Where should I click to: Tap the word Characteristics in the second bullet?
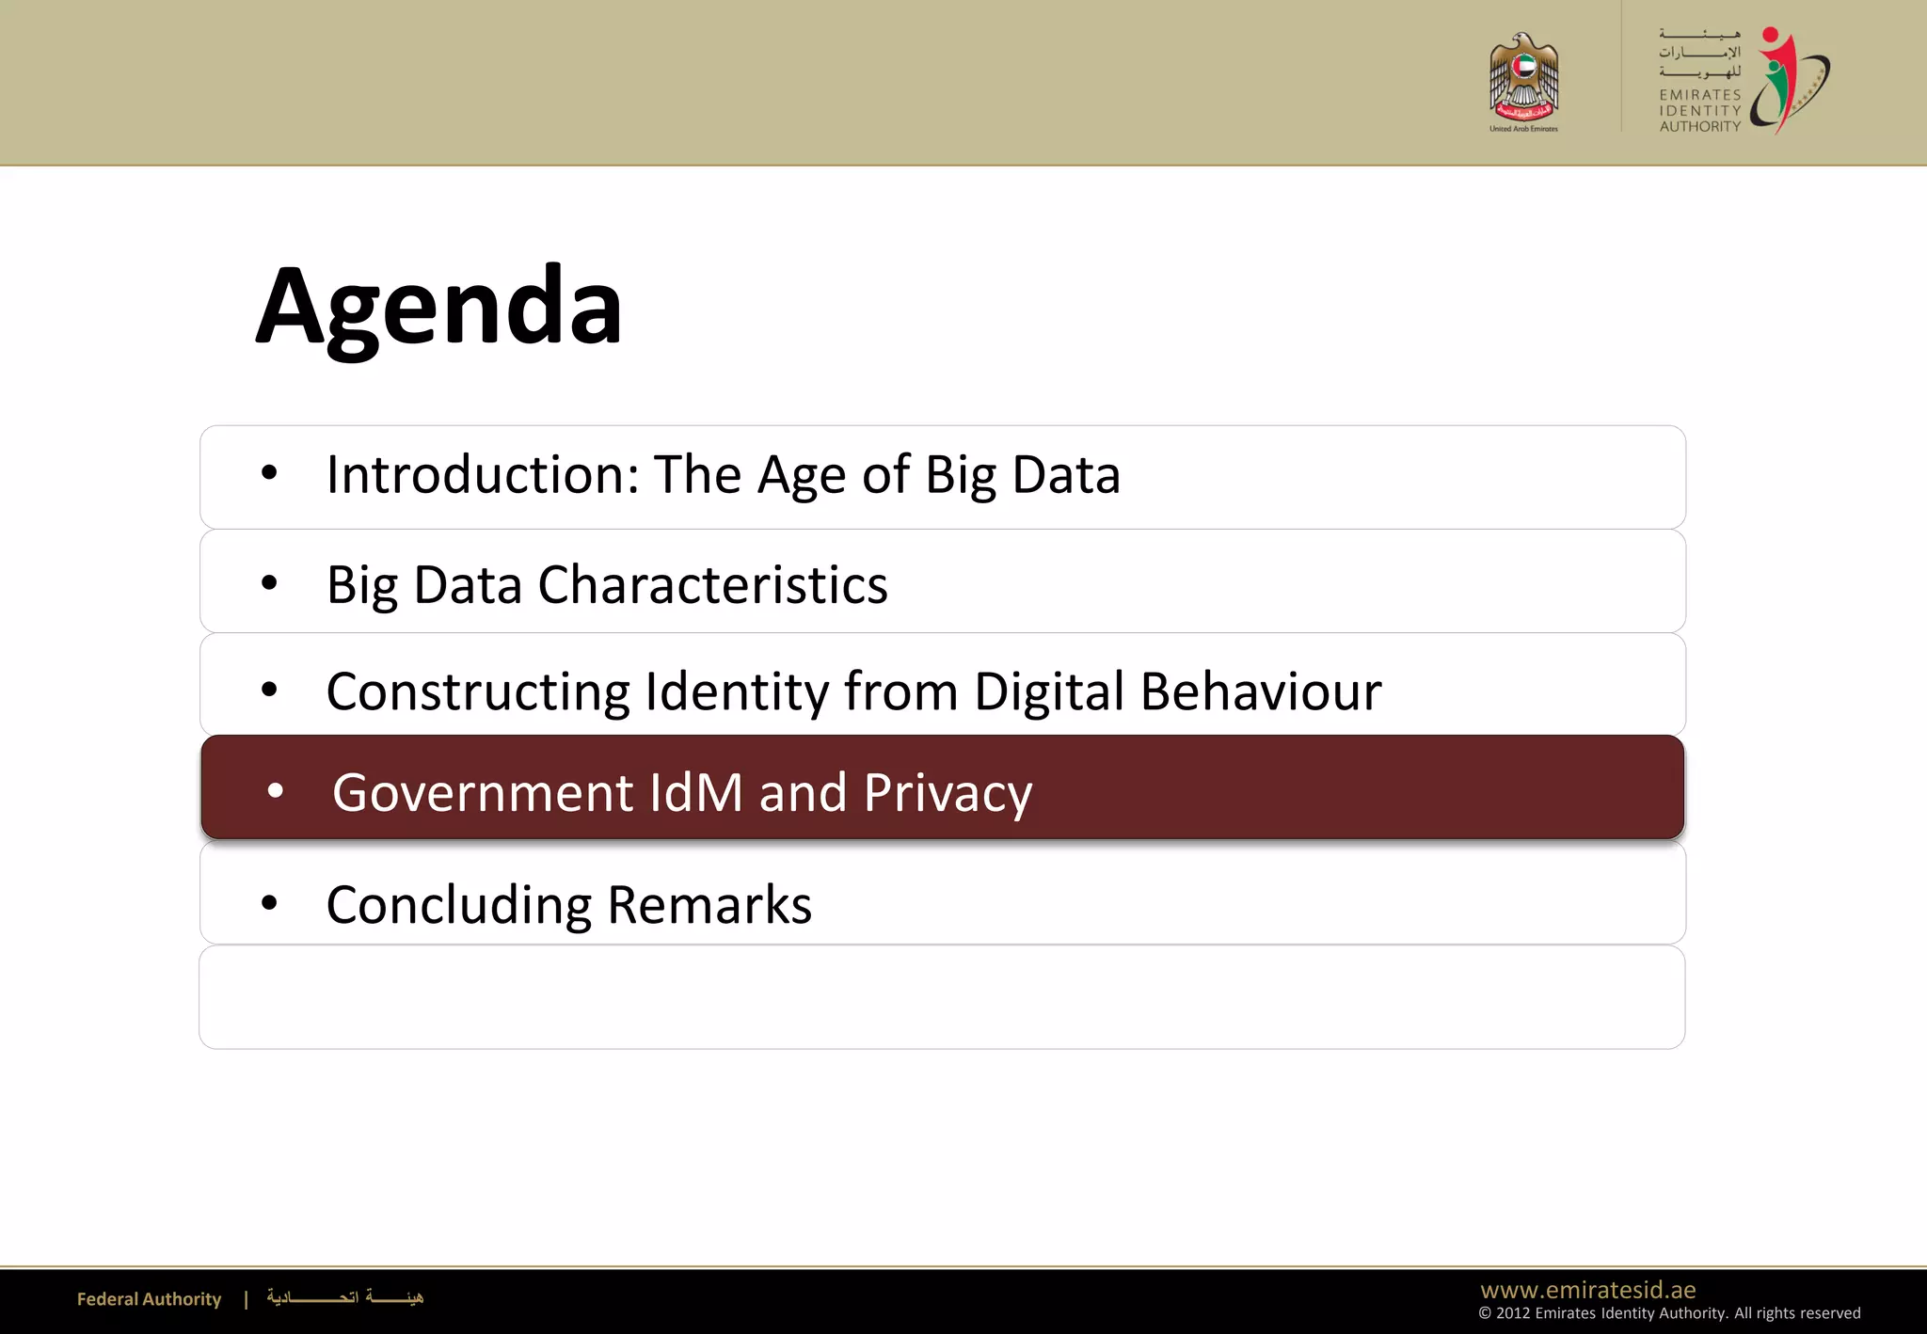pos(712,585)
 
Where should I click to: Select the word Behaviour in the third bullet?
pos(1261,691)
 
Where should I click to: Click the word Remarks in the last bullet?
pos(709,905)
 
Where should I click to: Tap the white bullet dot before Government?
pos(275,791)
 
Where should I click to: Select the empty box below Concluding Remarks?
pos(941,997)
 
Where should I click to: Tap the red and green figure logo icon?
pos(1787,81)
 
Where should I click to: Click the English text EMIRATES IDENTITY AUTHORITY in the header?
pos(1699,110)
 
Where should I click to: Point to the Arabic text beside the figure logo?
pos(1699,53)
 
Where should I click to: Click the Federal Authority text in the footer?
pos(149,1299)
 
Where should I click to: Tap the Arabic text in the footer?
pos(344,1298)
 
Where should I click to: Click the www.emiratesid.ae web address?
pos(1587,1290)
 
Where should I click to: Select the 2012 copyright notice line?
pos(1668,1313)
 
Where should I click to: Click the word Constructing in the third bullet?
pos(478,692)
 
